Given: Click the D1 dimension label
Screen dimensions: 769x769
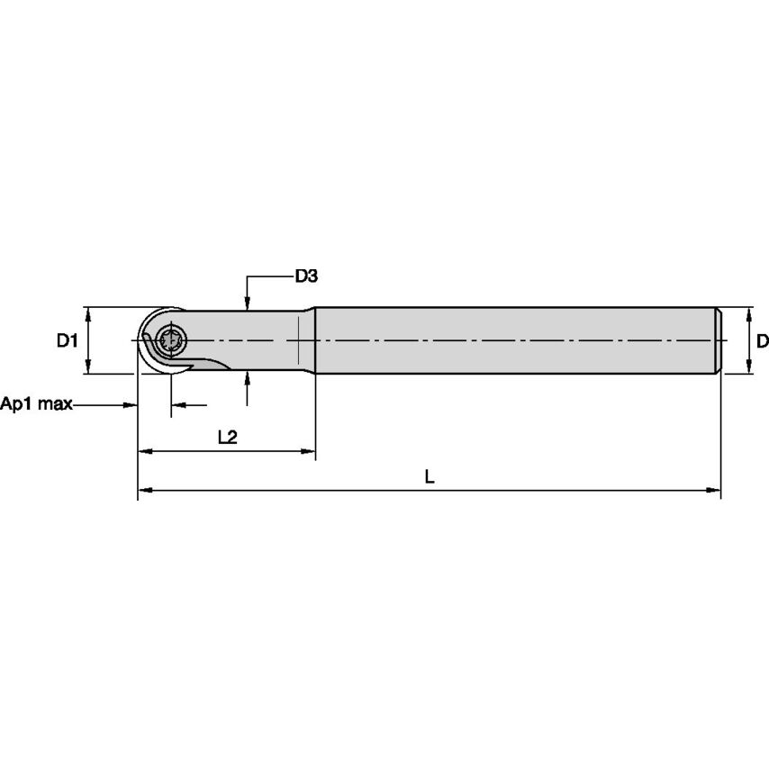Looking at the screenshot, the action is click(68, 340).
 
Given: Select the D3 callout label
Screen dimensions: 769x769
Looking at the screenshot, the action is click(306, 276).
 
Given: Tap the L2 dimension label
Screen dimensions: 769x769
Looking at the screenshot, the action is click(228, 437).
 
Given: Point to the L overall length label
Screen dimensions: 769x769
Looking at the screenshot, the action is click(430, 476).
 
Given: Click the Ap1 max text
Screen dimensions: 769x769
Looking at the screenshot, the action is click(36, 404).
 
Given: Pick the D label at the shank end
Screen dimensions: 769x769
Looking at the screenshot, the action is click(763, 340).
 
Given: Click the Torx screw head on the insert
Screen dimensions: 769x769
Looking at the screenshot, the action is click(171, 339).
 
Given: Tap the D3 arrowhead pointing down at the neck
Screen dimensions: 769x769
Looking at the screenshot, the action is click(247, 303).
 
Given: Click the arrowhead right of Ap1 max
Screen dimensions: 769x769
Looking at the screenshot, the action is click(130, 404).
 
